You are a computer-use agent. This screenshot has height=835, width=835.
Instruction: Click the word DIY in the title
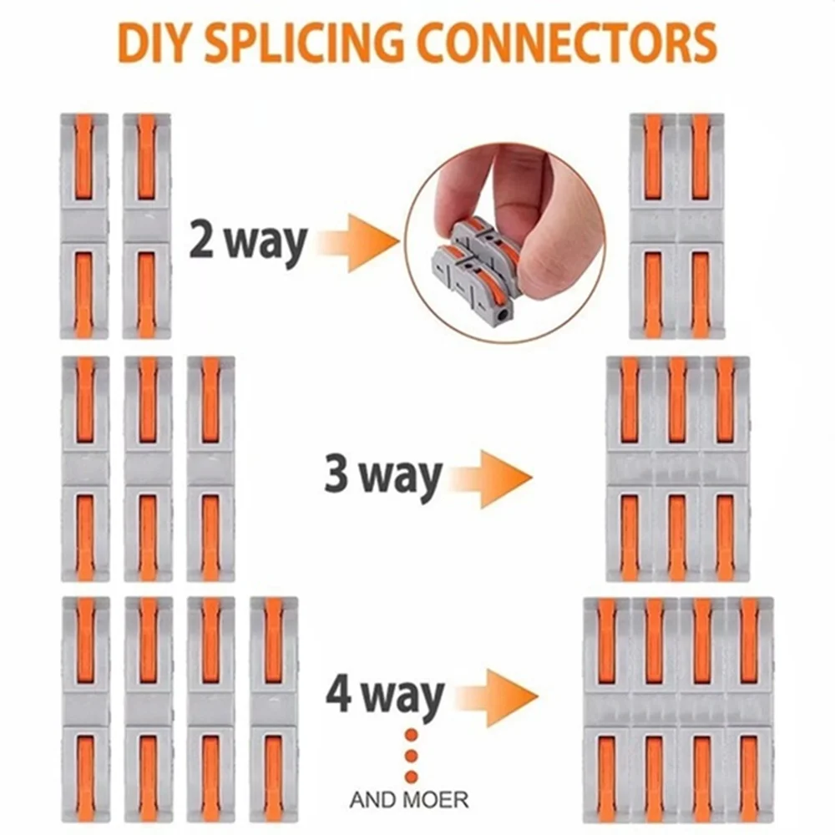[x=154, y=43]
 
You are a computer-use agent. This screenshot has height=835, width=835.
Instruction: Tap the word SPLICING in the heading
[x=305, y=43]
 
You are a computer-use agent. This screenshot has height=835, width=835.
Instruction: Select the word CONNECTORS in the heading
[x=568, y=43]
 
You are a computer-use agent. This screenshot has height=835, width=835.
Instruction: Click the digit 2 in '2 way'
[x=202, y=240]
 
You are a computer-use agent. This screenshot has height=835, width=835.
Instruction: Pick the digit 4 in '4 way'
[x=339, y=694]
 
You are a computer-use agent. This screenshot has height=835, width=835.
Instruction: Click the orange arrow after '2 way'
[x=359, y=242]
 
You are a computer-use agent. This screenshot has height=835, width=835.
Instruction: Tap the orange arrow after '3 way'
[x=491, y=478]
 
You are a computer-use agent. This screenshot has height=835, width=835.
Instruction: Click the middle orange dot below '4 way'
[x=411, y=756]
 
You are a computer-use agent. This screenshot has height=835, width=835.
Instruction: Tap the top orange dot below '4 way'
[x=411, y=736]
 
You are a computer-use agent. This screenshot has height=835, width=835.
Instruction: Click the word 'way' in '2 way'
[x=264, y=245]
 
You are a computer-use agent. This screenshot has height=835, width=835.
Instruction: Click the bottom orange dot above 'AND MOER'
[x=411, y=776]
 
